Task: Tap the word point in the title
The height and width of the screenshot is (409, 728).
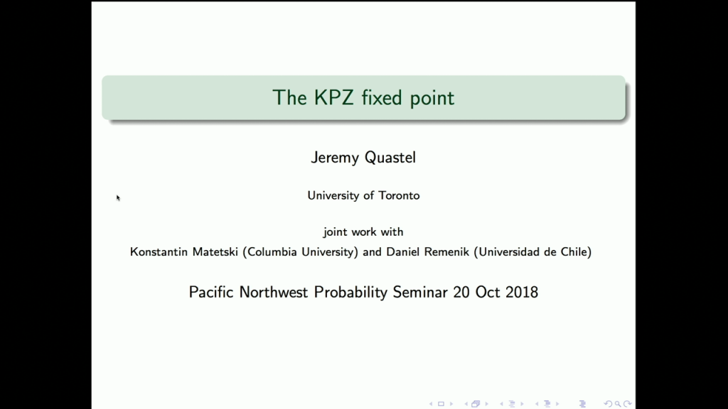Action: pyautogui.click(x=432, y=98)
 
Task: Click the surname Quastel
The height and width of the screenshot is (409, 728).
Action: pyautogui.click(x=390, y=158)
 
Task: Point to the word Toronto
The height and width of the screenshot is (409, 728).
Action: pyautogui.click(x=399, y=195)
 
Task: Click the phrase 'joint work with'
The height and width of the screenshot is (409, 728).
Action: pyautogui.click(x=363, y=232)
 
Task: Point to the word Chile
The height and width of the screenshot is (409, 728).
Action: pyautogui.click(x=574, y=251)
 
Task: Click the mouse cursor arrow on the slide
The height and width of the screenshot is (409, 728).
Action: pyautogui.click(x=118, y=197)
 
